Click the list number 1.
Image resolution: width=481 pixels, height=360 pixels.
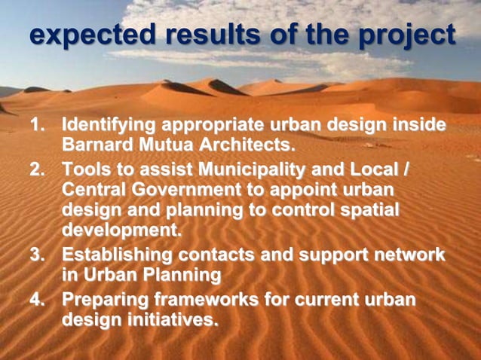point(37,124)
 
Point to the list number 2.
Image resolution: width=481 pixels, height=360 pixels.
point(37,168)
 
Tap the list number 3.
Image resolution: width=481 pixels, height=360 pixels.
point(37,255)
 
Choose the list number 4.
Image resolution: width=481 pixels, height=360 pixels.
point(37,300)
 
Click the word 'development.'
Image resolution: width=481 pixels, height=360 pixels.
point(121,229)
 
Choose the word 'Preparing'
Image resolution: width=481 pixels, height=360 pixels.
point(103,300)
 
